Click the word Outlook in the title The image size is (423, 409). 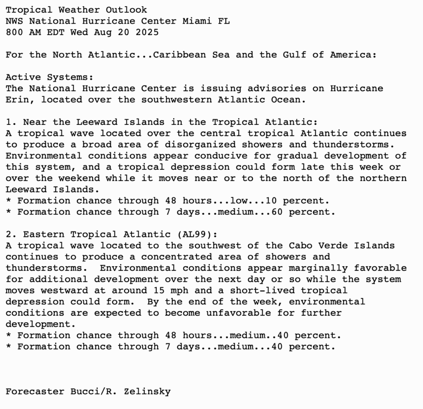[x=126, y=10]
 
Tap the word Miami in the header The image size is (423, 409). [x=197, y=21]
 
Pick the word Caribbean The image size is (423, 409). [x=179, y=55]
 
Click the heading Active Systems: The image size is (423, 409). [x=50, y=77]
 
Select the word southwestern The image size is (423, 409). [x=176, y=100]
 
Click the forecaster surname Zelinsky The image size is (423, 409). [x=147, y=392]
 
